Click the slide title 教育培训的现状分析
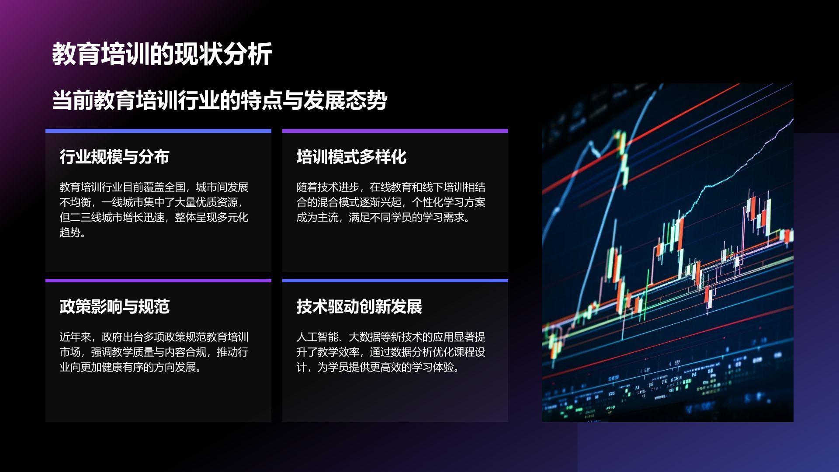pos(162,54)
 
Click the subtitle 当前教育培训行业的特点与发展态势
pos(220,100)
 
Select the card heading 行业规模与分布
pos(114,156)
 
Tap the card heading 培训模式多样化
pos(351,156)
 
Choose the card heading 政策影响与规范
pos(114,306)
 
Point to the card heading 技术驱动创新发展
pos(359,306)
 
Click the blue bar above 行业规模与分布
pos(158,131)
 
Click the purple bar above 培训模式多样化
pos(395,131)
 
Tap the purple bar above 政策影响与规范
pos(158,281)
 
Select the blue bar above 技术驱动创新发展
pos(395,281)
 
